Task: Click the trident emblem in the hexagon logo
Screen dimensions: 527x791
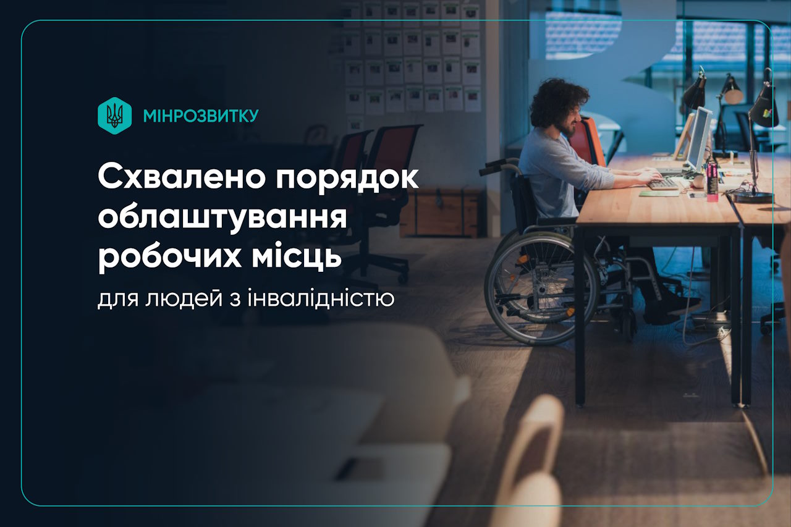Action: pyautogui.click(x=114, y=116)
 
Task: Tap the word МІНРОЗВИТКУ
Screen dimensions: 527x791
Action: pyautogui.click(x=200, y=116)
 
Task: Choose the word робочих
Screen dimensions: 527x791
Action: pyautogui.click(x=167, y=255)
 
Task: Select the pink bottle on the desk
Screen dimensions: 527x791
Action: pyautogui.click(x=712, y=180)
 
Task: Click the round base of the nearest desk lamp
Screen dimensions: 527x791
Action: pyautogui.click(x=753, y=197)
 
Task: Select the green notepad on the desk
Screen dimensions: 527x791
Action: pyautogui.click(x=659, y=193)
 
